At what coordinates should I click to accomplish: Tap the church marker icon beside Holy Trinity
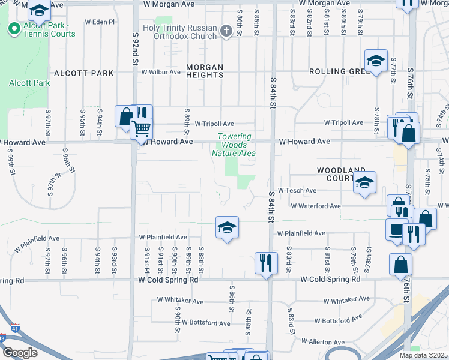(226, 31)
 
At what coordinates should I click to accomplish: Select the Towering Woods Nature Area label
(234, 145)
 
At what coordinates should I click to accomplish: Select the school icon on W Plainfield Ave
(227, 229)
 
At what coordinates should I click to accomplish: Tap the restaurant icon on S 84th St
(266, 262)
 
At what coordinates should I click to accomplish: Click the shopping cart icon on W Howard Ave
(142, 128)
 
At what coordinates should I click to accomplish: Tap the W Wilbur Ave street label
(161, 72)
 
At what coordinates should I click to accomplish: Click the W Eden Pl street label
(99, 22)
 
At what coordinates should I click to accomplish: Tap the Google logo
(20, 352)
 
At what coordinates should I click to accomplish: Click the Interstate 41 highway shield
(14, 329)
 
